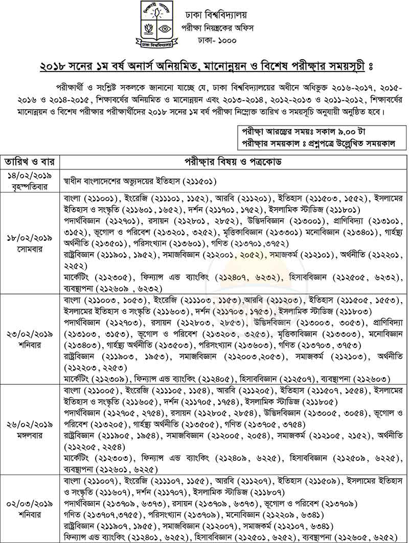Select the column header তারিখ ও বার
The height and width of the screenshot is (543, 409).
[31, 162]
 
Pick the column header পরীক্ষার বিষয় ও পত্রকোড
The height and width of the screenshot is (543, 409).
[234, 162]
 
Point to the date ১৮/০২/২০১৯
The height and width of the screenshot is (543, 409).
[31, 238]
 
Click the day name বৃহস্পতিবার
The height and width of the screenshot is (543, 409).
[31, 186]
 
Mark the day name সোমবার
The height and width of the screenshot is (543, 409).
[31, 249]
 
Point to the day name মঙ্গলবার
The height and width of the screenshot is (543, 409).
[31, 435]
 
